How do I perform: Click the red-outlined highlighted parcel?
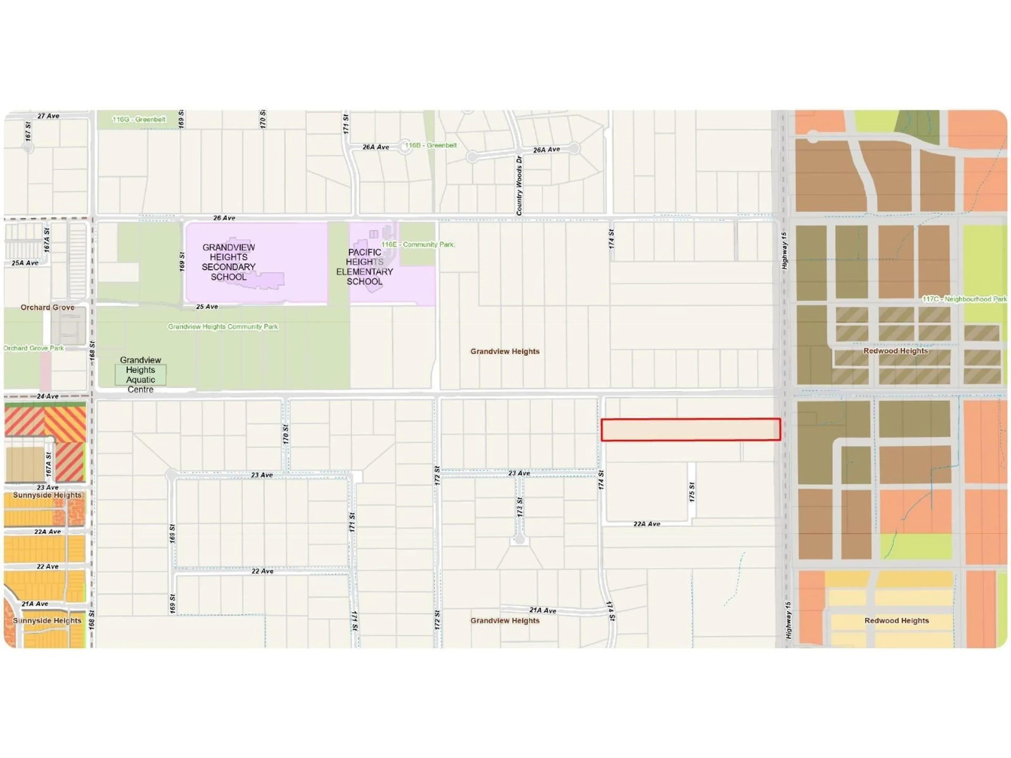point(690,430)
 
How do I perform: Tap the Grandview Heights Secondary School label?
point(229,262)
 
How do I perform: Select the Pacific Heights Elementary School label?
point(364,267)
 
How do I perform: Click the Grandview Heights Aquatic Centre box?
point(140,375)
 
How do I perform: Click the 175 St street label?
point(692,492)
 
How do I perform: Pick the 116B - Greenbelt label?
point(430,145)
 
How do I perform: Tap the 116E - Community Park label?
point(417,245)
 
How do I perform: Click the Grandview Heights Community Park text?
point(222,327)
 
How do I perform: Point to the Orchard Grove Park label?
point(34,348)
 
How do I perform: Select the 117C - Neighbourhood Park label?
point(964,299)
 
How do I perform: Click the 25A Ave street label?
point(25,263)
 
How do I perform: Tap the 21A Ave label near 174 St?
point(543,610)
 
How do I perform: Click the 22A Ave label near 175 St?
point(647,524)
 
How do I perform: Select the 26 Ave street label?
point(224,218)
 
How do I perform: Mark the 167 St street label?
point(28,131)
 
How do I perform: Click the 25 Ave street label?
point(207,307)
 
